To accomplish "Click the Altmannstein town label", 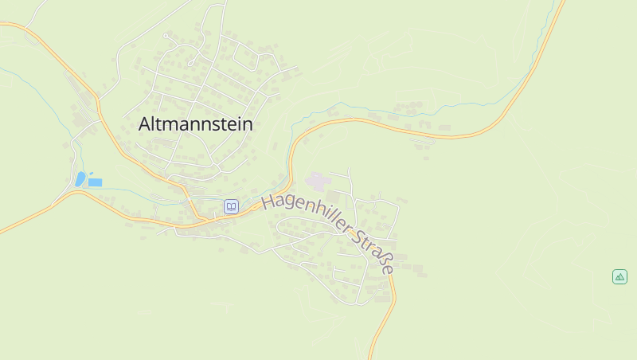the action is coord(195,124).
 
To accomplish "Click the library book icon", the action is coord(231,206).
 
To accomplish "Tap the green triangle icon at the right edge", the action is coord(619,276).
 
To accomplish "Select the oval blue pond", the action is coord(80,178).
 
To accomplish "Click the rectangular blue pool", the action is coord(95,182).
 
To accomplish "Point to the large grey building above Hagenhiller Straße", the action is coord(316,182).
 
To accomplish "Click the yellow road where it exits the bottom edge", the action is coord(371,355).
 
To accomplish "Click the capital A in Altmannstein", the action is coord(145,124).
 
